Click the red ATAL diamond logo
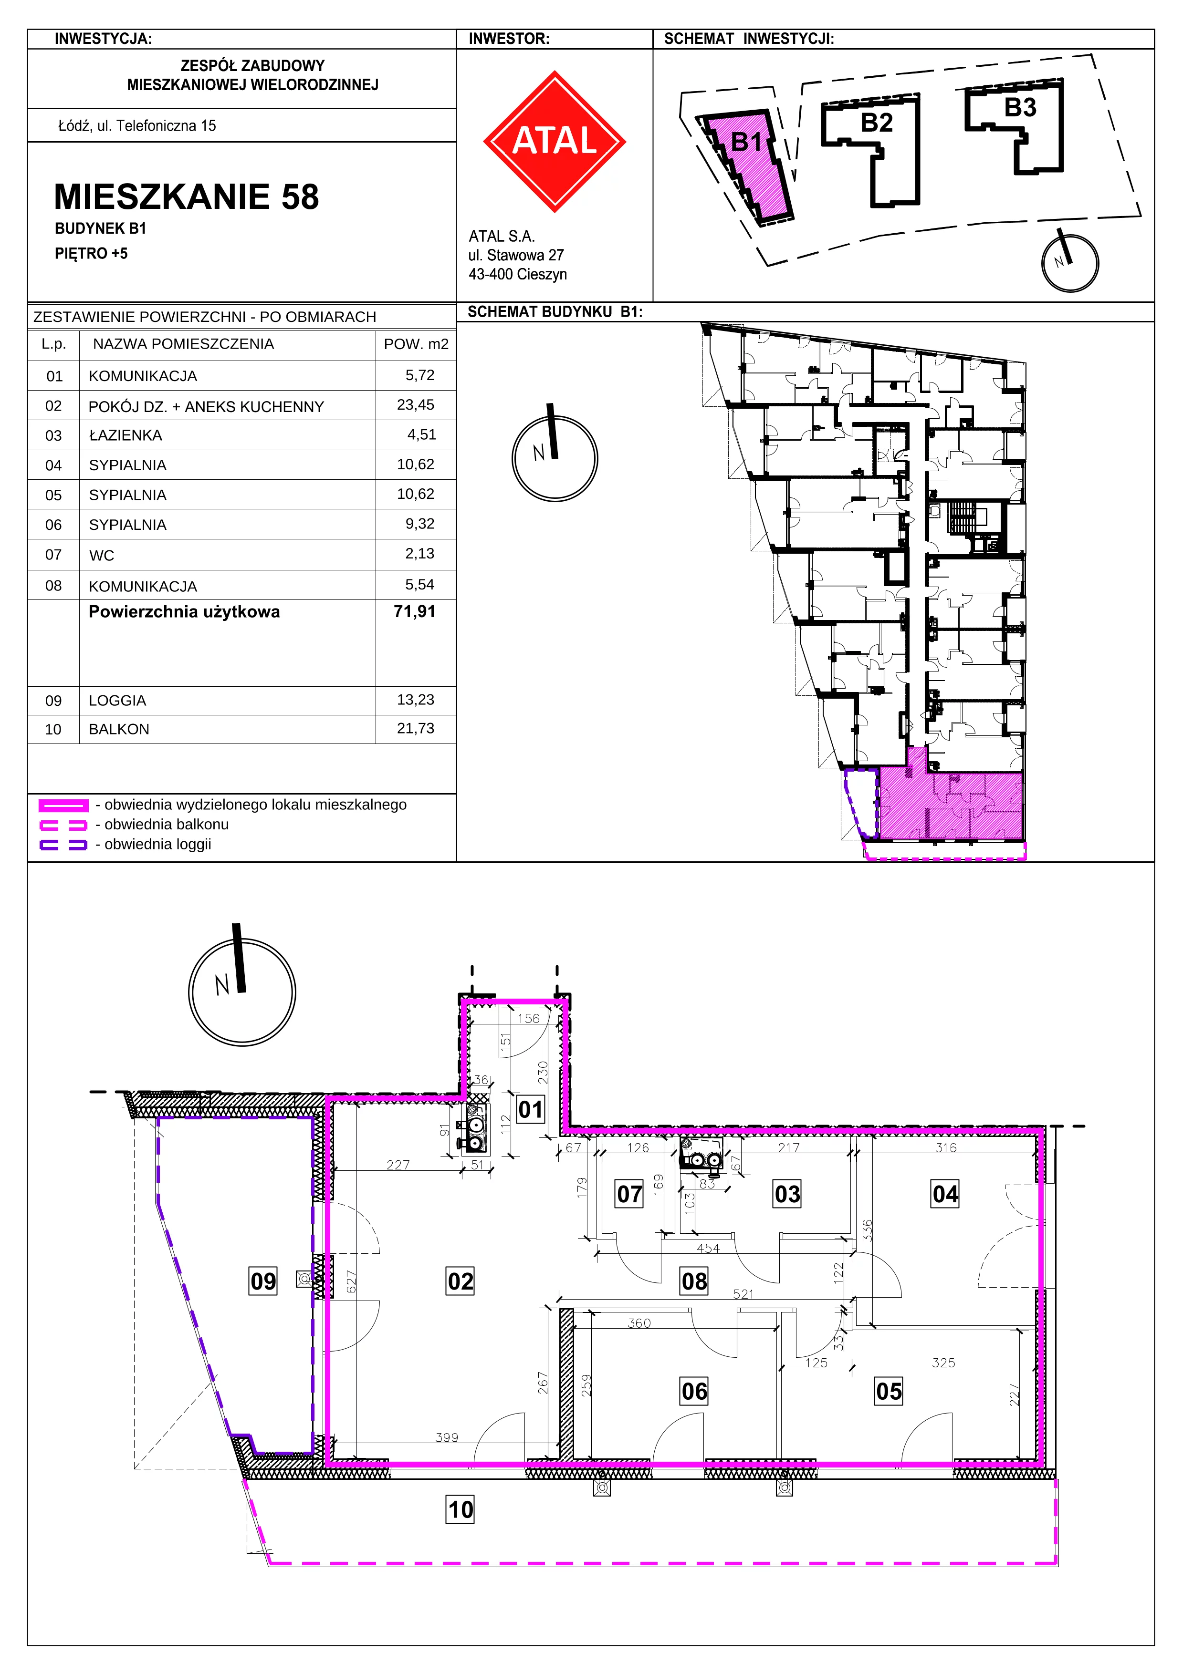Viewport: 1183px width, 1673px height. (555, 141)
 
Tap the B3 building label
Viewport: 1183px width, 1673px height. (1020, 108)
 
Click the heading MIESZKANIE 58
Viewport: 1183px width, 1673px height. (187, 197)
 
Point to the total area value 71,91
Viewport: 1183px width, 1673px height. (414, 611)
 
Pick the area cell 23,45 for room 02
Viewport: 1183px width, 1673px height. (416, 405)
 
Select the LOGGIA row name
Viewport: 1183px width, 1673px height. (117, 700)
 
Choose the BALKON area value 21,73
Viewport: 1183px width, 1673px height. (416, 729)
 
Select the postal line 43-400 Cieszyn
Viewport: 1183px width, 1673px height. (517, 274)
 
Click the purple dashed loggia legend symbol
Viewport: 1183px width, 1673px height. (63, 845)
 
